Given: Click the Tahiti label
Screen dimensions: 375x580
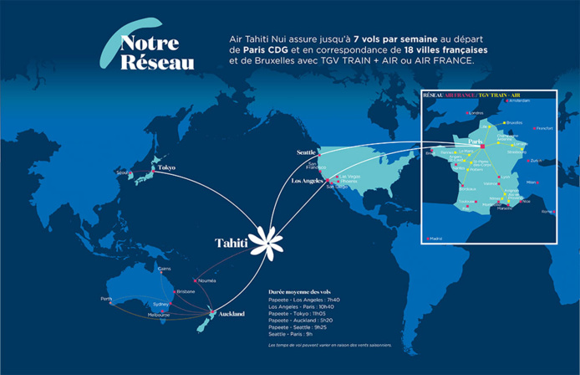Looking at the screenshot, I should pos(231,243).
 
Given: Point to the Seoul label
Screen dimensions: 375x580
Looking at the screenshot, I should pos(122,172).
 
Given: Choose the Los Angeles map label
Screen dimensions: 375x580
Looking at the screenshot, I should pos(306,181).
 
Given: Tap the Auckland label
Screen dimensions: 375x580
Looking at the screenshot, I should pos(231,314).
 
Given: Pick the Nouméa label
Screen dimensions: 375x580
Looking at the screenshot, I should pos(207,280).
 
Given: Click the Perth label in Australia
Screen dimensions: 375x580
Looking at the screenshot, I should pos(106,299).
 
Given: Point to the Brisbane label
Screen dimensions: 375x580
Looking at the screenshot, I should pos(186,291).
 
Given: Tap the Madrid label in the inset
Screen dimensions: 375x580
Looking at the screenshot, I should pos(435,239).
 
